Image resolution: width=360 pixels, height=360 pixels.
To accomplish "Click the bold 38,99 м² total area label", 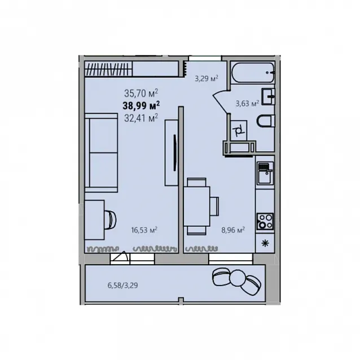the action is point(141,106).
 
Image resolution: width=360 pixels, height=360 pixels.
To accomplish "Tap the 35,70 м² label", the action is point(141,93).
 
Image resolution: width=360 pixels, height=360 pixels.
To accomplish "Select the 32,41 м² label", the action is point(141,118).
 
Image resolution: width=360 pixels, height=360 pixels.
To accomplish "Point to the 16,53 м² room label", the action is point(144,230).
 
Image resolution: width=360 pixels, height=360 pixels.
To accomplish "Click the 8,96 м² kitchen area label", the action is point(233,230).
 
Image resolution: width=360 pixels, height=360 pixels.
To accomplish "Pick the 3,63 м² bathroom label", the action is point(247,104).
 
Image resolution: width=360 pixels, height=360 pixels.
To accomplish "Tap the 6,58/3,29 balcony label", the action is point(123,286).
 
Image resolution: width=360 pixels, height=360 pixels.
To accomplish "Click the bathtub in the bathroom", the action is point(253,72).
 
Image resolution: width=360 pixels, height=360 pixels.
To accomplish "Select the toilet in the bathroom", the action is point(266,121).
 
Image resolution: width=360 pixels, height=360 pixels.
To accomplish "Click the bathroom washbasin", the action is point(268,96).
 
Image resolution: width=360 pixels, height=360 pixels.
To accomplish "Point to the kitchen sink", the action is point(265,173).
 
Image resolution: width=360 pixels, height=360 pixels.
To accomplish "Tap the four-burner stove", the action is point(265,222).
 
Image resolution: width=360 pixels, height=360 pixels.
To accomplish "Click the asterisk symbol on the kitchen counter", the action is point(265,243).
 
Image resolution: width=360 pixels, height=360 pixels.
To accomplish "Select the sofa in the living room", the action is point(101,153).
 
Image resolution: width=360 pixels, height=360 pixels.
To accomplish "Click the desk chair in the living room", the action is point(111,220).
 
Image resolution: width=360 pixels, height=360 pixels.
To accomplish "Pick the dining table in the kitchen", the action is point(197,207).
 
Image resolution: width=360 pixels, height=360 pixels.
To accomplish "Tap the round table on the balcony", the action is point(238,278).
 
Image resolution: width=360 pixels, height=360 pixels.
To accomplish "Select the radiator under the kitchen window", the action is point(201,249).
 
